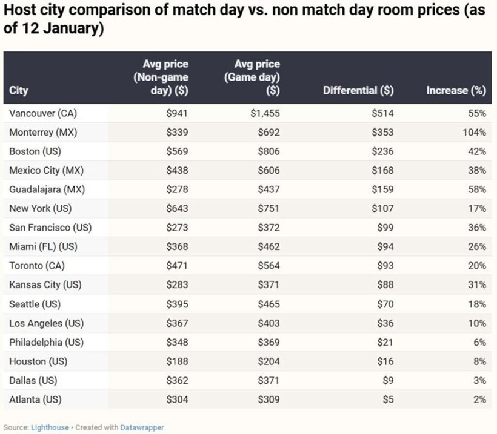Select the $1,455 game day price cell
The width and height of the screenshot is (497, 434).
tap(265, 113)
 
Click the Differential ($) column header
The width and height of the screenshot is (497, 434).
tap(358, 91)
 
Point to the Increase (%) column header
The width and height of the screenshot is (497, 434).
tap(456, 91)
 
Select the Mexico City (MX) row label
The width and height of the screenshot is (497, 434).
tap(47, 171)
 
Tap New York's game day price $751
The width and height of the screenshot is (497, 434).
tap(268, 209)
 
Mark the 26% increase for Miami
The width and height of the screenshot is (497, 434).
tap(476, 247)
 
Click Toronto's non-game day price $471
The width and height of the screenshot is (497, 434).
tap(177, 266)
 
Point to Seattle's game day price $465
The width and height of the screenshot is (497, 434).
tap(268, 304)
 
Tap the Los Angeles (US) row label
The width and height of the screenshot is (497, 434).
tap(47, 323)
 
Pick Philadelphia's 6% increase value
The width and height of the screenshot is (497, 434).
tap(479, 343)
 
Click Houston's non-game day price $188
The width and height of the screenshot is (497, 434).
tap(177, 361)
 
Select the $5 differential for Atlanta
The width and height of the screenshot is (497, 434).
tap(387, 399)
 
